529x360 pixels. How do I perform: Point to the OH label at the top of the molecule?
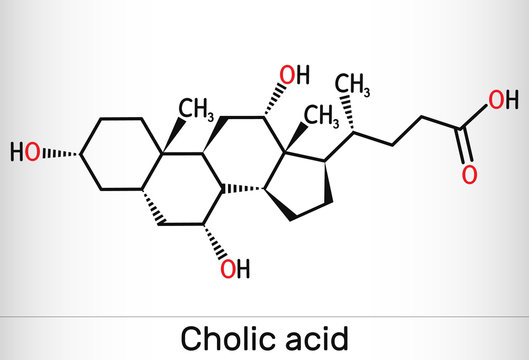296,75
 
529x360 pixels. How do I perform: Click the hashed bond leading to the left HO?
69,153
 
